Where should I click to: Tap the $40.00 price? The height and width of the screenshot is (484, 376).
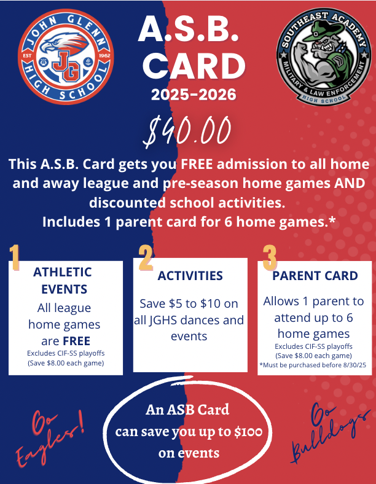tap(188, 131)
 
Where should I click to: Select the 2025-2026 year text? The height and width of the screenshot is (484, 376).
tap(188, 95)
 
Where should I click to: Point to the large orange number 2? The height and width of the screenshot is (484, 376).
tap(146, 259)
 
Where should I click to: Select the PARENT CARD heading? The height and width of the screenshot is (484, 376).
tap(315, 276)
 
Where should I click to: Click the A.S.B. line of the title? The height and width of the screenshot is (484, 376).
tap(188, 29)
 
